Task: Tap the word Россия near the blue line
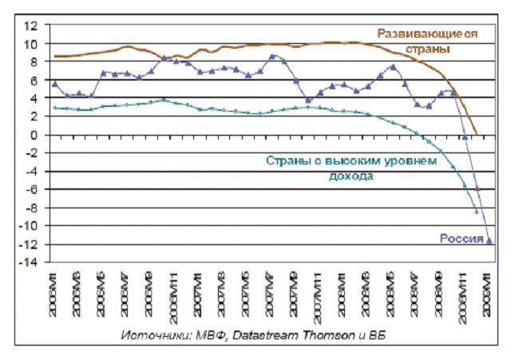[x=459, y=237]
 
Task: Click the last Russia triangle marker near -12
[x=489, y=240]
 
